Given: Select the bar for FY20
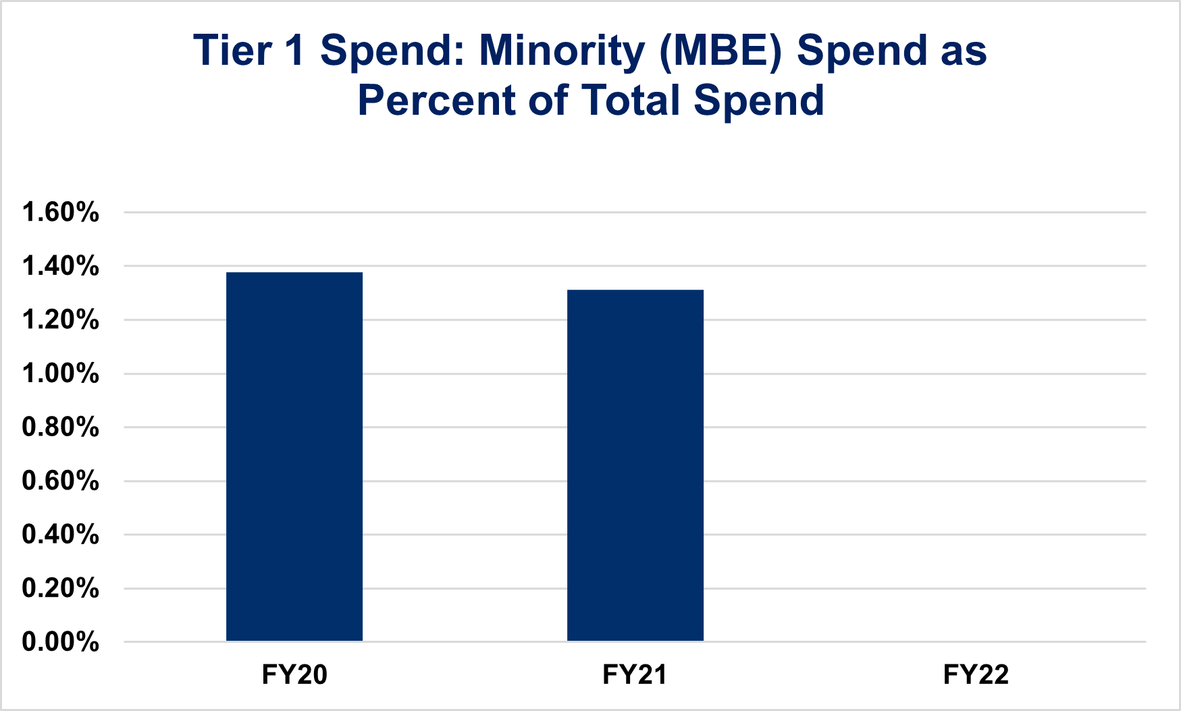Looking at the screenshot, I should [294, 456].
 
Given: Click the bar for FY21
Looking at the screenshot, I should [635, 465].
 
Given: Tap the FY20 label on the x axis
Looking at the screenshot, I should [294, 675].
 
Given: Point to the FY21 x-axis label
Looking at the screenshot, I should [635, 675].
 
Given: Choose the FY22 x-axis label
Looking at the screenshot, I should [976, 675].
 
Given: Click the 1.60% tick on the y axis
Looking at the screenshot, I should [61, 213].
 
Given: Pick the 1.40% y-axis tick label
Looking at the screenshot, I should [61, 266].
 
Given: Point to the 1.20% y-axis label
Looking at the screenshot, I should [61, 320].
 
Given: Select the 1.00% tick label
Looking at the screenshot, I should [61, 373].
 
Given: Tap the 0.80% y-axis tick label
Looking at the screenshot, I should [61, 427].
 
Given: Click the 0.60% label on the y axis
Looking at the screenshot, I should [61, 481].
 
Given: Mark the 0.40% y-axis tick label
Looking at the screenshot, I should [61, 535].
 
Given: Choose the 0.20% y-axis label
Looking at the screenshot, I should [61, 588].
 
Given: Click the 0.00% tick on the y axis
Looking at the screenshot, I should [61, 642].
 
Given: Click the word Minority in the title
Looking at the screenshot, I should [562, 51].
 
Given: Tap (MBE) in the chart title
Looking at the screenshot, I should [720, 51].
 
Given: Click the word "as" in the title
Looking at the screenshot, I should [964, 51].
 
